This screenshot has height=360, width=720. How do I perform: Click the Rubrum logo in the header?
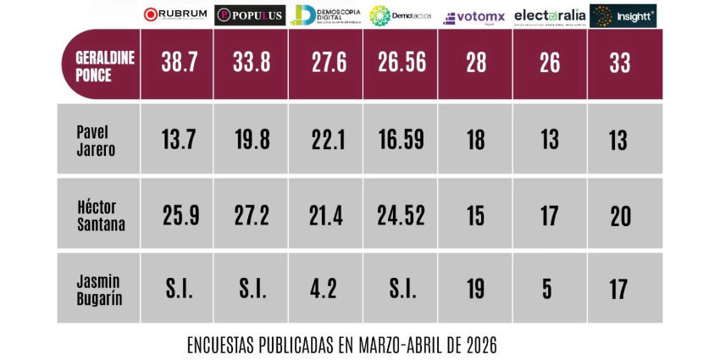(175, 14)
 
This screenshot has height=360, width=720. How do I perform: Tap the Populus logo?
(250, 14)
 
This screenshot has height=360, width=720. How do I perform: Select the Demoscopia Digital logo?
(325, 14)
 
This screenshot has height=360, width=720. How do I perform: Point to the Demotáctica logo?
(400, 14)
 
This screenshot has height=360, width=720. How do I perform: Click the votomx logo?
(474, 16)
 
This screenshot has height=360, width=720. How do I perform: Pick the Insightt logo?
(623, 15)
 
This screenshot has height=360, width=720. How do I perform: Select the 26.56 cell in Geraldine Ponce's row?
(402, 65)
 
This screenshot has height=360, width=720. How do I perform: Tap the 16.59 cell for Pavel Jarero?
(402, 140)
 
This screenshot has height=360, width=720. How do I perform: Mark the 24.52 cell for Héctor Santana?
(402, 215)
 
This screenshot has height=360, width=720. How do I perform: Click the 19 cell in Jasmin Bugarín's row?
(476, 289)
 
